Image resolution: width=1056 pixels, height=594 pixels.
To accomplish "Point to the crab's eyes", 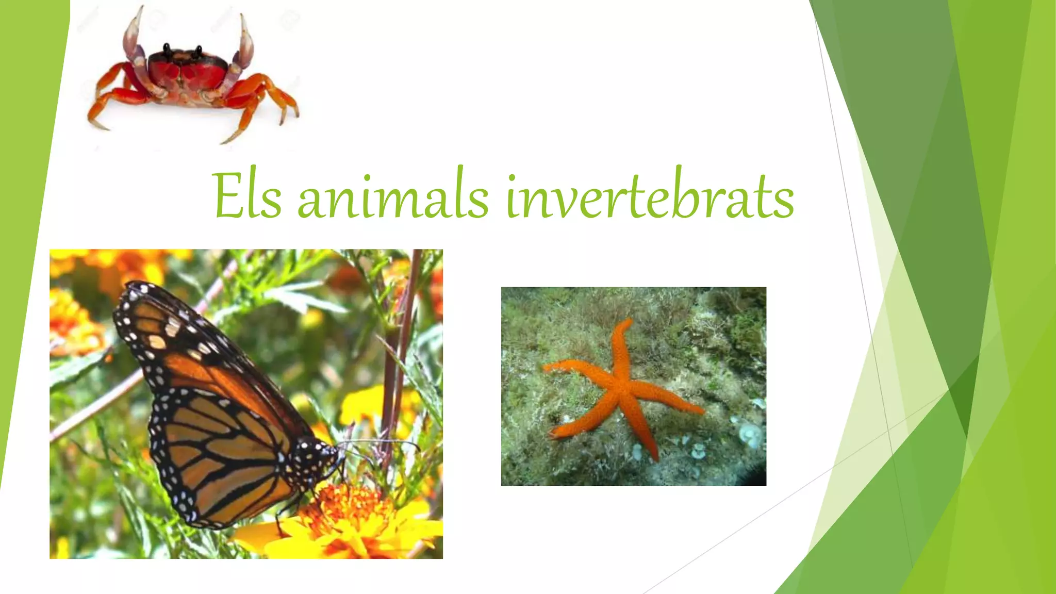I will pyautogui.click(x=182, y=50).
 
